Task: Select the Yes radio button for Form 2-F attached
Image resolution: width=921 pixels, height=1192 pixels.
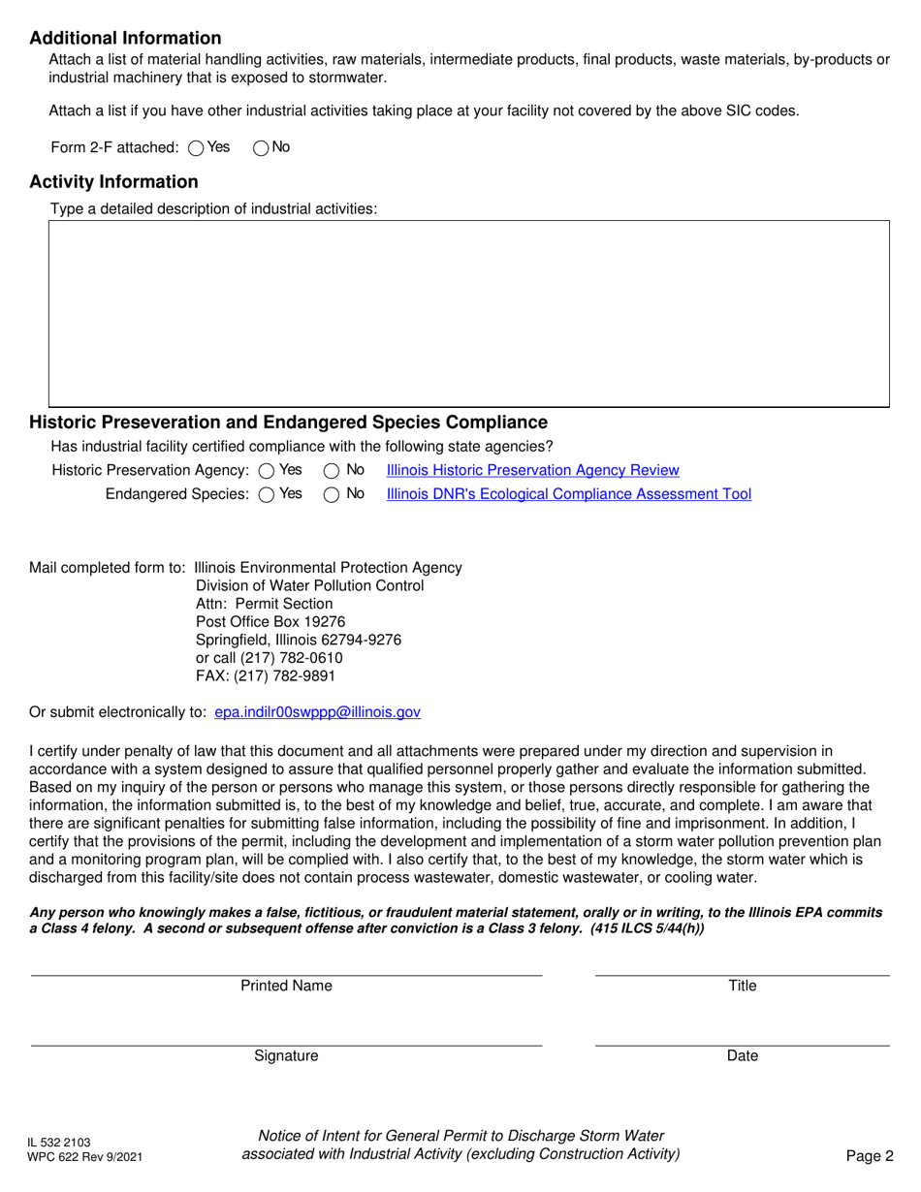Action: tap(196, 148)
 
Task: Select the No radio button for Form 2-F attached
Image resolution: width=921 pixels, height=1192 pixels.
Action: tap(261, 148)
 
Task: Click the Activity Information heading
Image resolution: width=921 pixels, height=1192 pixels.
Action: tap(113, 182)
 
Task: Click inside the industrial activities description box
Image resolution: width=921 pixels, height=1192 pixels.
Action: tap(468, 312)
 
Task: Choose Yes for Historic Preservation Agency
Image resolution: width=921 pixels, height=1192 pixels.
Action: tap(267, 471)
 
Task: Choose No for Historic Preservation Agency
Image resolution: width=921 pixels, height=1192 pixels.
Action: tap(331, 471)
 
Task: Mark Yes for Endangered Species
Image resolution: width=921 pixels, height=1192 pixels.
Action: tap(267, 495)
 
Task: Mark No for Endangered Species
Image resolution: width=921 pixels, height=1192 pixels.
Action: tap(331, 495)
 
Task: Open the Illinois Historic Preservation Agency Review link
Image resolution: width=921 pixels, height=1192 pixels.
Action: tap(532, 470)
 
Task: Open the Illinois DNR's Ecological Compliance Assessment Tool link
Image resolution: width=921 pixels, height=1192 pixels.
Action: tap(568, 494)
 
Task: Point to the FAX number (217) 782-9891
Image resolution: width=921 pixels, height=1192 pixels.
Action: tap(266, 676)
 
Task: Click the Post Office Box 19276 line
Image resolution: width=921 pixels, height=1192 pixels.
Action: tap(270, 621)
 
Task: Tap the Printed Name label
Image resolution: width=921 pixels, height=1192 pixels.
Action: tap(286, 987)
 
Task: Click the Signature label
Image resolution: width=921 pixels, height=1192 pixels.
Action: tap(286, 1056)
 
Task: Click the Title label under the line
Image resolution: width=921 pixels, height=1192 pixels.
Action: tap(742, 987)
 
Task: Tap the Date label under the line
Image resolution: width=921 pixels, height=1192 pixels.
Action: tap(742, 1056)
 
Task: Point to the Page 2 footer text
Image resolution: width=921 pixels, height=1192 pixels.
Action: tap(869, 1156)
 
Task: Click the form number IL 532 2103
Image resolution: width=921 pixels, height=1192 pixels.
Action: tap(59, 1144)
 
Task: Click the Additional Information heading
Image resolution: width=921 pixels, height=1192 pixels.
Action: tap(125, 39)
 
